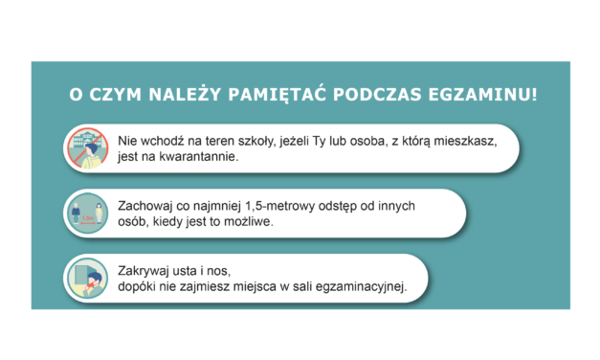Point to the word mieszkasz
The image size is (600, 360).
pos(463,140)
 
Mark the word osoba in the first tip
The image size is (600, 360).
pos(363,140)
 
